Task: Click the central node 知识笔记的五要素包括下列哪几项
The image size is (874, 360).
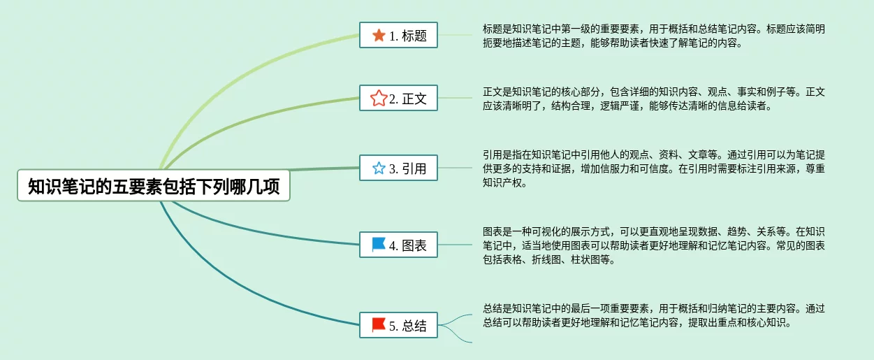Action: coord(154,185)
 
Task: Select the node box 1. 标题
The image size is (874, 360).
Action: coord(398,35)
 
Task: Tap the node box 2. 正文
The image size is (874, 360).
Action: coord(398,98)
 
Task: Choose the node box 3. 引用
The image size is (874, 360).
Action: coord(398,168)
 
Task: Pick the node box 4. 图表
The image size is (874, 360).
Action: coord(398,245)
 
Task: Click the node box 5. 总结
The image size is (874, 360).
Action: coord(398,325)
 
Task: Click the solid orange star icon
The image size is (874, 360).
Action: coord(379,35)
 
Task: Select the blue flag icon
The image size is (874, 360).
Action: coord(379,245)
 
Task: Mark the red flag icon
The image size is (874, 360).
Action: coord(379,324)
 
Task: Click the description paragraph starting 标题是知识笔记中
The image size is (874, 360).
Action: coord(653,36)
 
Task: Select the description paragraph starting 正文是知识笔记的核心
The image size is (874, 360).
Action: coord(653,99)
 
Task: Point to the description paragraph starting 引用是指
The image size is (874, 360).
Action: coord(653,168)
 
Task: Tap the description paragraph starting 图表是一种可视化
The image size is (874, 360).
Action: coord(653,245)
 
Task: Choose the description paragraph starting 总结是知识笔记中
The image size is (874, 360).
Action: coord(653,316)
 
